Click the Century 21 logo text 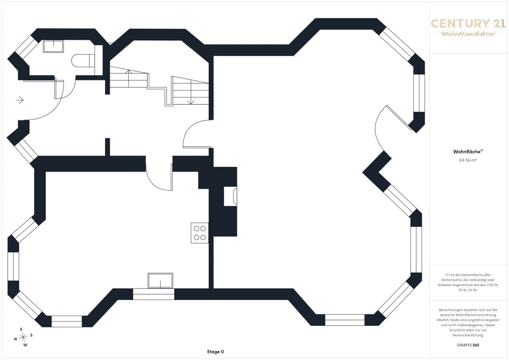pos(465,23)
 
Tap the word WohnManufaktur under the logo pos(468,34)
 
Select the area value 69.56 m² pos(468,160)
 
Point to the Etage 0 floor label pos(216,352)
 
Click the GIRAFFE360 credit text pos(468,345)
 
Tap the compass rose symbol pos(23,337)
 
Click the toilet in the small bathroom pos(83,60)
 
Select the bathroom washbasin pos(53,46)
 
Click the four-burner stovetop pos(200,233)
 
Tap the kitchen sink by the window pos(160,281)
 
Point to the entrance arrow pos(20,100)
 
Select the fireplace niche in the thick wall pos(230,196)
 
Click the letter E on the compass pos(21,329)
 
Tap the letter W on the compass pos(25,345)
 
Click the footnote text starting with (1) pos(468,282)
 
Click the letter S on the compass pos(31,335)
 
